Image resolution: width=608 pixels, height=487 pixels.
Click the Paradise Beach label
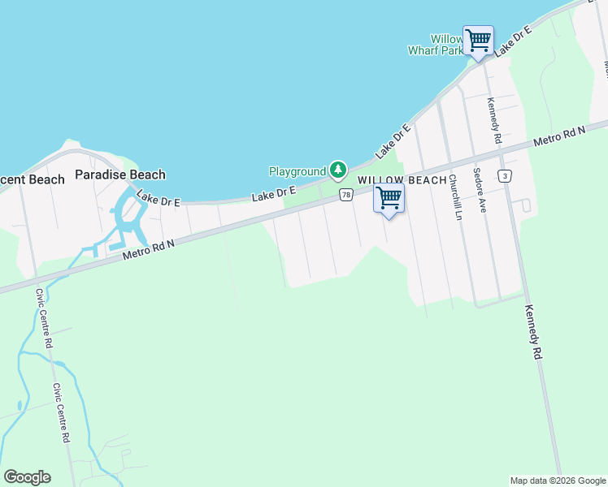[x=120, y=175]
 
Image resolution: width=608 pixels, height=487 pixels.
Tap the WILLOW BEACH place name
[x=402, y=180]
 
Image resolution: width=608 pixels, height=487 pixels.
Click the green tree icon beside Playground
[x=338, y=171]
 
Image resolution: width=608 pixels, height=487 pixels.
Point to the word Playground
[x=297, y=171]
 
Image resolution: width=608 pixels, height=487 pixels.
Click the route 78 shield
[x=346, y=195]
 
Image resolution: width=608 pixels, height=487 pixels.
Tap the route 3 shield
[x=506, y=175]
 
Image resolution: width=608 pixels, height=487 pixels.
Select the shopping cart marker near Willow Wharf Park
[x=478, y=39]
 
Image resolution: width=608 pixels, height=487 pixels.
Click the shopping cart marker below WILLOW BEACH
[x=389, y=198]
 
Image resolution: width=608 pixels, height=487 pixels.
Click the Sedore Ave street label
[x=481, y=196]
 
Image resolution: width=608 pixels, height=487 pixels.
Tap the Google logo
[x=27, y=477]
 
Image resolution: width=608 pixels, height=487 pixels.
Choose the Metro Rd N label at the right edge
[x=559, y=136]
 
